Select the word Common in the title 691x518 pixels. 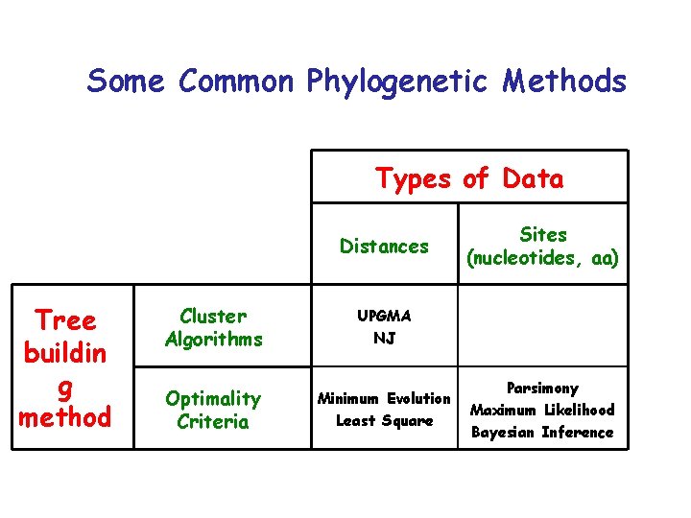point(236,82)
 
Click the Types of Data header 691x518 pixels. point(469,178)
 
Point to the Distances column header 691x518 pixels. point(384,247)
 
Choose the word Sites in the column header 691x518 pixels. point(543,234)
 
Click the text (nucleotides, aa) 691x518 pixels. point(543,258)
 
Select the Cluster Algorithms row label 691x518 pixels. point(213,327)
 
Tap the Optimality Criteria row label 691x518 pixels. point(213,410)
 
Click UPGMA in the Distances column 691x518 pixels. point(384,316)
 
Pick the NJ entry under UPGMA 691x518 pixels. point(384,339)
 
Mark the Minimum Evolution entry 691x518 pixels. point(384,398)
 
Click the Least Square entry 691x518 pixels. point(384,421)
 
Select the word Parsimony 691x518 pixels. point(542,388)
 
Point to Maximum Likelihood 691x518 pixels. point(542,411)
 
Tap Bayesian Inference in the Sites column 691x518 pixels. point(542,433)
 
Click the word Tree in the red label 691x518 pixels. point(65,319)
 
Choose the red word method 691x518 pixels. point(65,417)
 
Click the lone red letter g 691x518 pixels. point(65,387)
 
